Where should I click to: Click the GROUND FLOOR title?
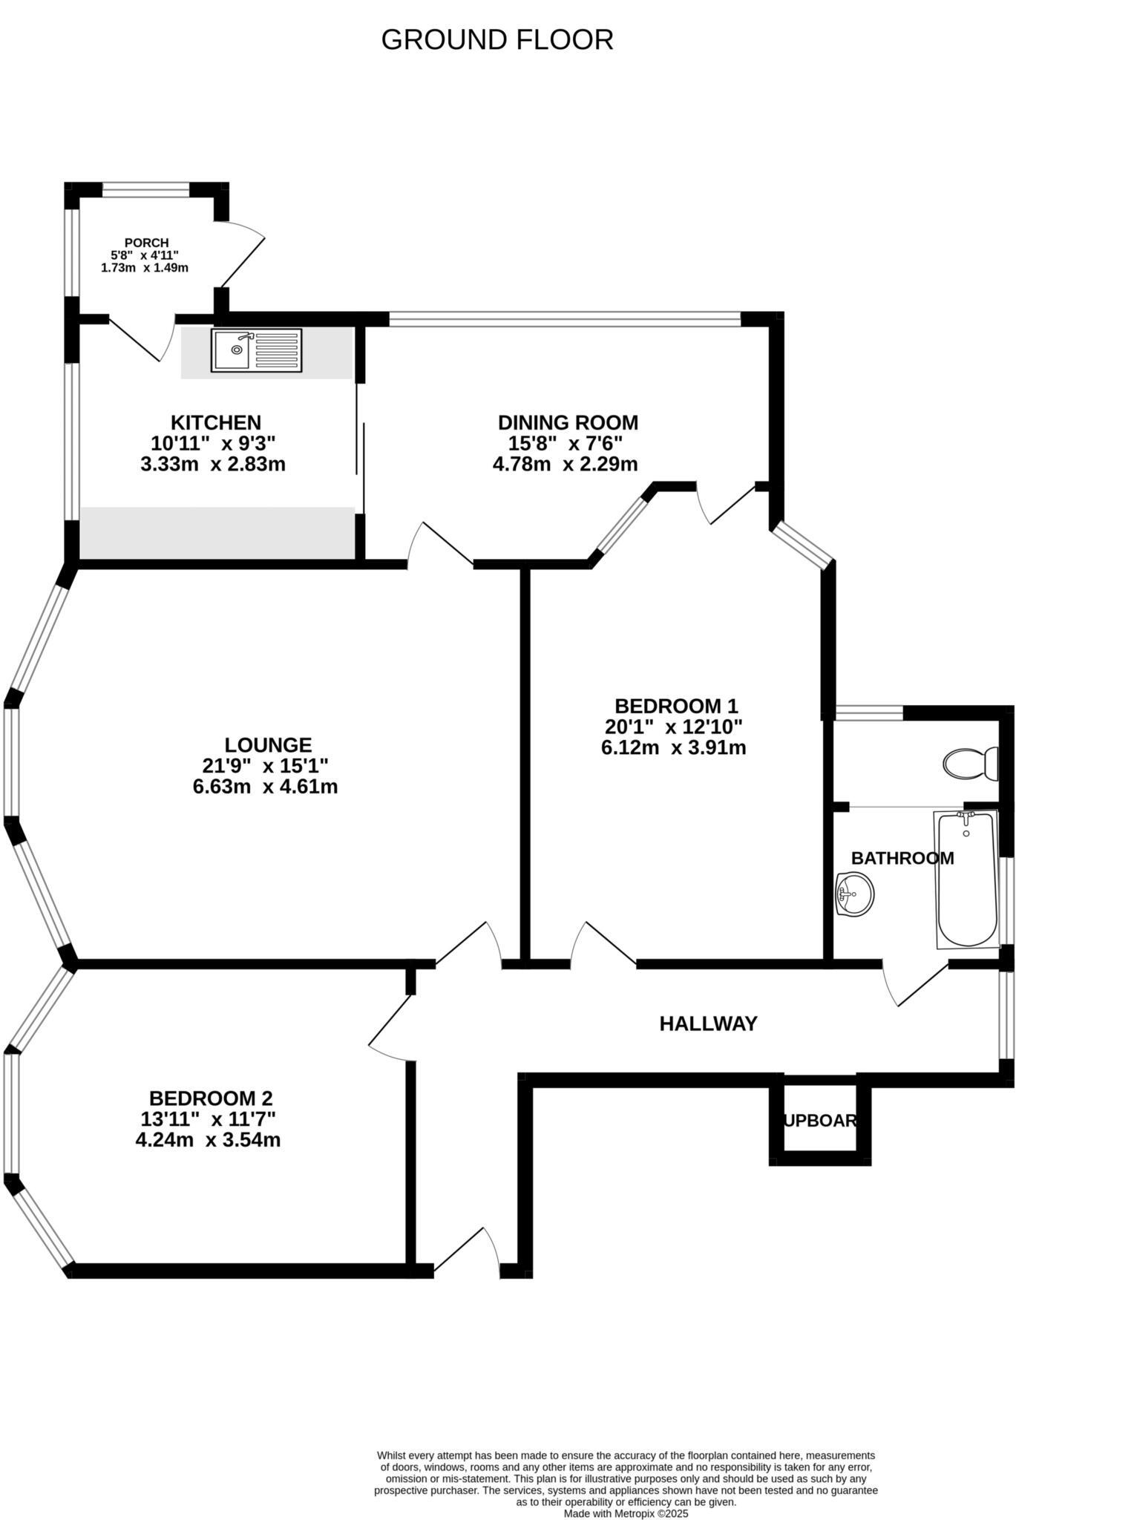(x=496, y=40)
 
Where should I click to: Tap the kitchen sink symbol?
(x=256, y=350)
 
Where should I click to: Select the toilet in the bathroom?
(x=970, y=763)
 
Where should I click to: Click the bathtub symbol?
(x=966, y=879)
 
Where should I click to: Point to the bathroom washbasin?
(x=854, y=894)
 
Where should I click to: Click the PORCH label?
(x=146, y=243)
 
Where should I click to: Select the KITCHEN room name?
(x=215, y=423)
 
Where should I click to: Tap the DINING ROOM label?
(x=567, y=423)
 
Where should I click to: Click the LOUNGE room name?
(x=268, y=744)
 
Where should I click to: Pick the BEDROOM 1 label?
(x=675, y=706)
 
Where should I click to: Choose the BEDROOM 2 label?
(x=211, y=1098)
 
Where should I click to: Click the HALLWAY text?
(x=708, y=1024)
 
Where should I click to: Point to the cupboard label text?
(x=819, y=1121)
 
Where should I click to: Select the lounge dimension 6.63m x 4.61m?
(x=265, y=787)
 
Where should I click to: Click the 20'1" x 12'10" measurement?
(x=673, y=727)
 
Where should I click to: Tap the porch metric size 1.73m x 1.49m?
(x=145, y=268)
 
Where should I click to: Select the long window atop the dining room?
(x=565, y=320)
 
